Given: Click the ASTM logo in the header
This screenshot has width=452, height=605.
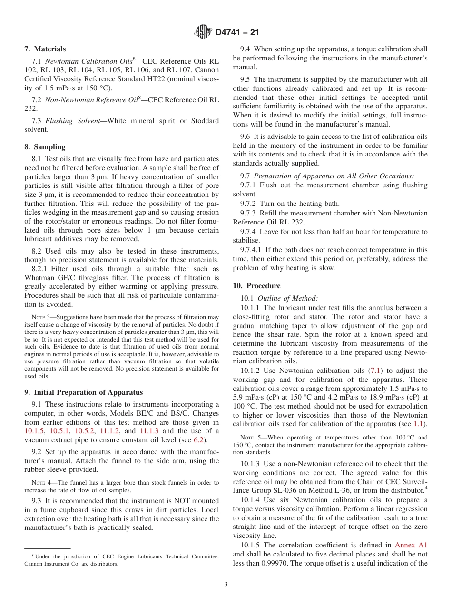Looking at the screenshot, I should point(203,32).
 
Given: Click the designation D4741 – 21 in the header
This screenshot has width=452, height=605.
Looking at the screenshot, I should point(237,33).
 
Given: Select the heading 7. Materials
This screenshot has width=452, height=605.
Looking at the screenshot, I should point(45,49).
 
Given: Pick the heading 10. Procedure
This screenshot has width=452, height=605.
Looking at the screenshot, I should point(256,286).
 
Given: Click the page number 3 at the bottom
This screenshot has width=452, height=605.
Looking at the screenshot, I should point(226,585).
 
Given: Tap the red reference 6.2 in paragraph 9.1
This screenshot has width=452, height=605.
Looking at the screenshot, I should point(198,440).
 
